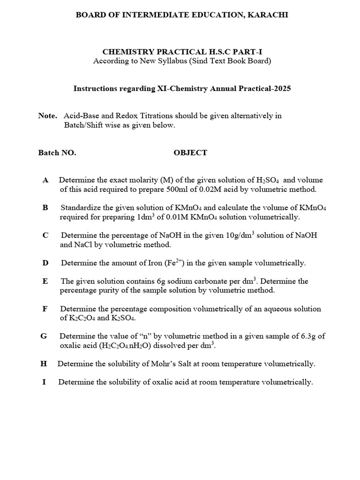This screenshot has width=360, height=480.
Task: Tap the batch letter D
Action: (45, 263)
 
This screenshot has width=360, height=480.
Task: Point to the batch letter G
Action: (45, 336)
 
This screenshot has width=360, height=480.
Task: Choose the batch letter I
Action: (44, 382)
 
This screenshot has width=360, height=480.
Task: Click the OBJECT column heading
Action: (190, 153)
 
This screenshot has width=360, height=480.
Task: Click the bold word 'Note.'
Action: (48, 116)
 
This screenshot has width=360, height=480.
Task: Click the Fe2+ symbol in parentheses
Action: (169, 262)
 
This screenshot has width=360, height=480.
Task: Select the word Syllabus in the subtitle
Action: (162, 61)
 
